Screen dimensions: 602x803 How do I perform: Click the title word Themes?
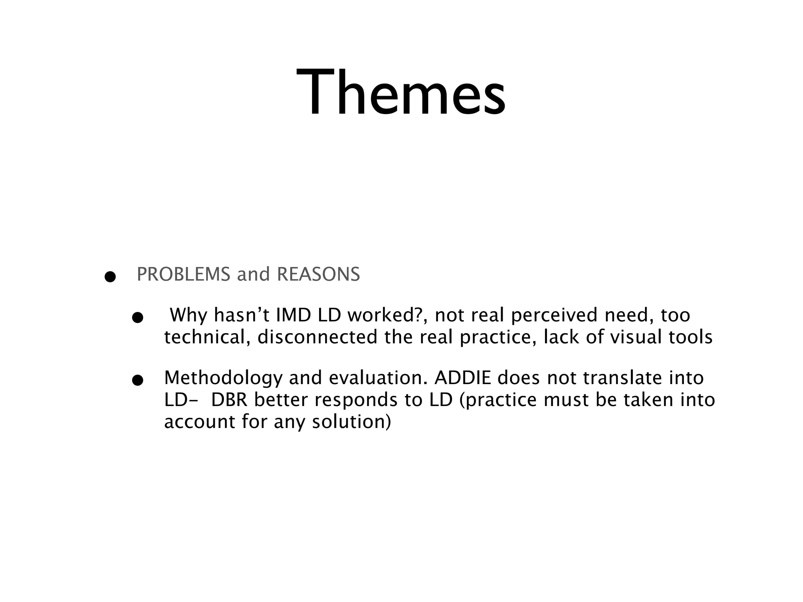tap(401, 93)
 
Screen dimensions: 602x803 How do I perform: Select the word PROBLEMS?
tap(183, 274)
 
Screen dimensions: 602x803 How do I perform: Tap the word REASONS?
tap(318, 274)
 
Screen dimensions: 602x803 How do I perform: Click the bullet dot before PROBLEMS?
tap(110, 277)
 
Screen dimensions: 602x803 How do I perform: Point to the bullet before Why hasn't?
tap(137, 318)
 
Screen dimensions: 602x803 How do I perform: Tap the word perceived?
tap(555, 315)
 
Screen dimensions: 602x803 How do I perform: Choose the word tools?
tap(690, 337)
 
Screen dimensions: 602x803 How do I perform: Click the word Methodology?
tap(223, 378)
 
